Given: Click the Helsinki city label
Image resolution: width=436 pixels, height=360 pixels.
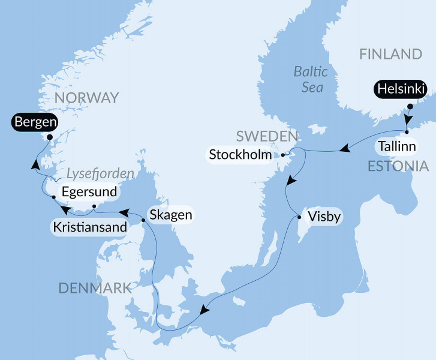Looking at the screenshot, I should [x=400, y=89].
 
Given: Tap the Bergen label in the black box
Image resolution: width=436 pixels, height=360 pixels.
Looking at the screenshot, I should [x=34, y=123].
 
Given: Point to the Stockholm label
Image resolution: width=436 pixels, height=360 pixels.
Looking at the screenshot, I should [x=240, y=155].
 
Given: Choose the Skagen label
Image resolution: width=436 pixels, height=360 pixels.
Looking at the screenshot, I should [x=170, y=214].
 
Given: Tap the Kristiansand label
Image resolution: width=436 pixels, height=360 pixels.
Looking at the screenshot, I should [x=90, y=227].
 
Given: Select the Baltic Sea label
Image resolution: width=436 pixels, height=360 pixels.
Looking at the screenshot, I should [x=311, y=80].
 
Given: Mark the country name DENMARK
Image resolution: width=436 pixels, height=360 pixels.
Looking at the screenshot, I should [x=95, y=289].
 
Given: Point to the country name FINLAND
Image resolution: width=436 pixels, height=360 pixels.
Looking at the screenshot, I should [x=390, y=54].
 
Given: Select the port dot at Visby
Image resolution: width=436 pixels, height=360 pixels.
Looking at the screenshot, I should [x=299, y=218].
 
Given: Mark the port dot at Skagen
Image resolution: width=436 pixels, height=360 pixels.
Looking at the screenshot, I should [x=143, y=220].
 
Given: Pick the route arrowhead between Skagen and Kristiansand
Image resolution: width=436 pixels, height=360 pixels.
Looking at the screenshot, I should [x=123, y=212].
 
